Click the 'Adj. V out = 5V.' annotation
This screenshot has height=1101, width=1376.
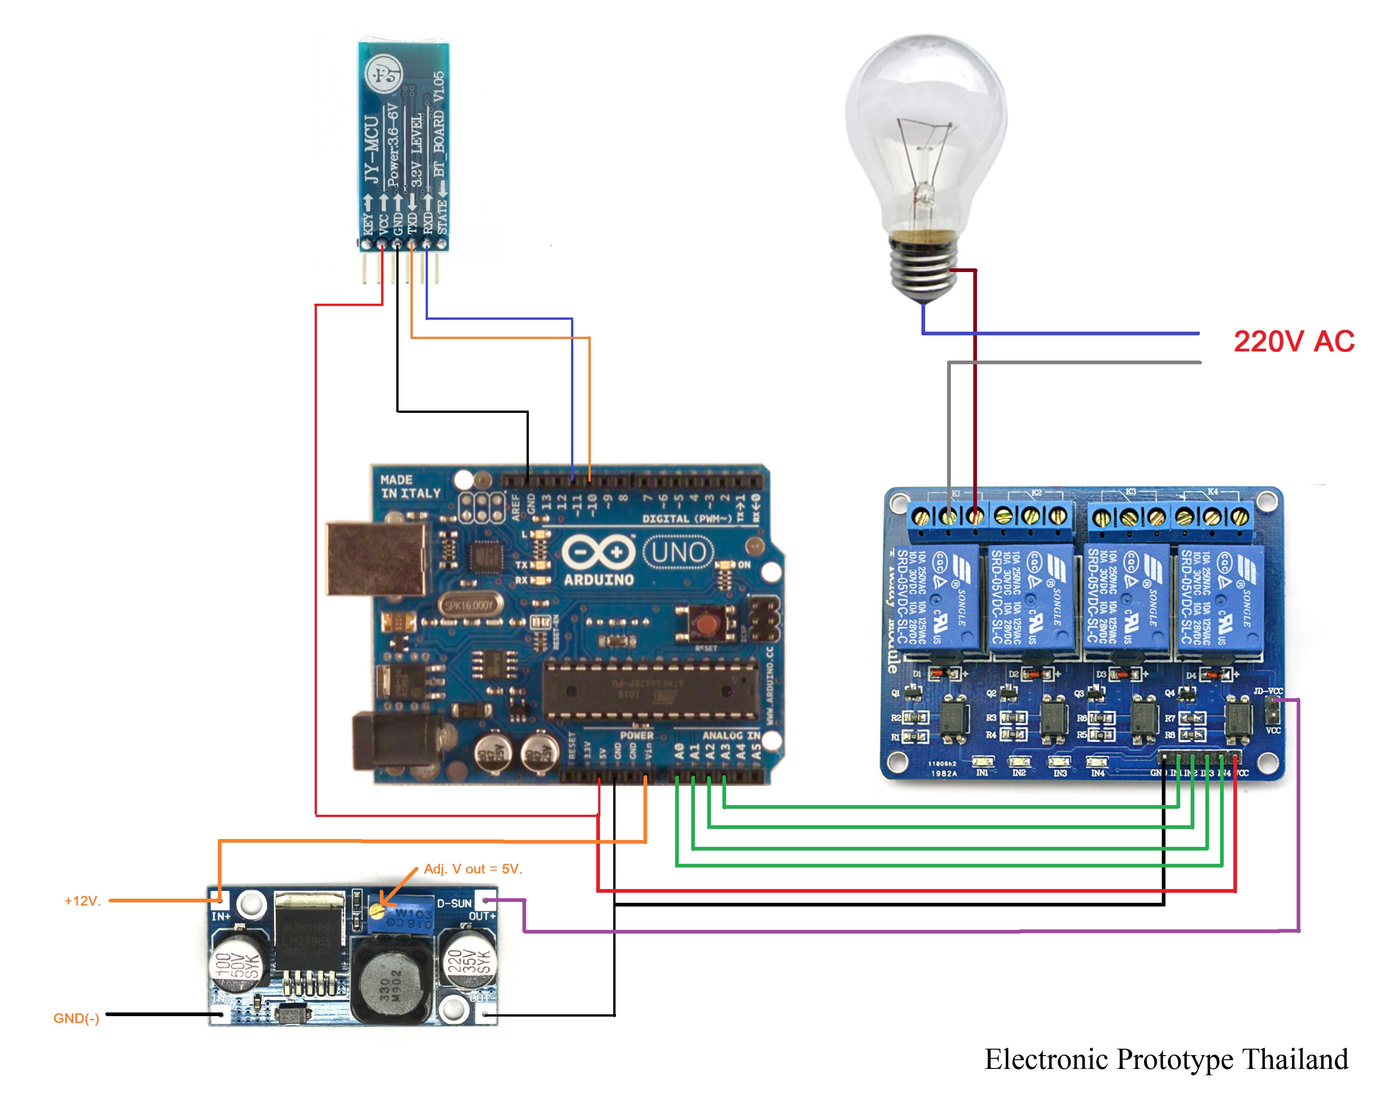point(473,869)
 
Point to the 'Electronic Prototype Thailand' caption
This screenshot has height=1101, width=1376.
point(1166,1060)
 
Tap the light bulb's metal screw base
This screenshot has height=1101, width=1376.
point(923,268)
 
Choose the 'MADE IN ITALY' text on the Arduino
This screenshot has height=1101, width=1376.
point(411,486)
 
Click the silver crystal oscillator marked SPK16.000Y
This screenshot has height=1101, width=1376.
point(469,605)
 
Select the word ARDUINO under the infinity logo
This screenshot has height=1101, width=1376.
point(599,579)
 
